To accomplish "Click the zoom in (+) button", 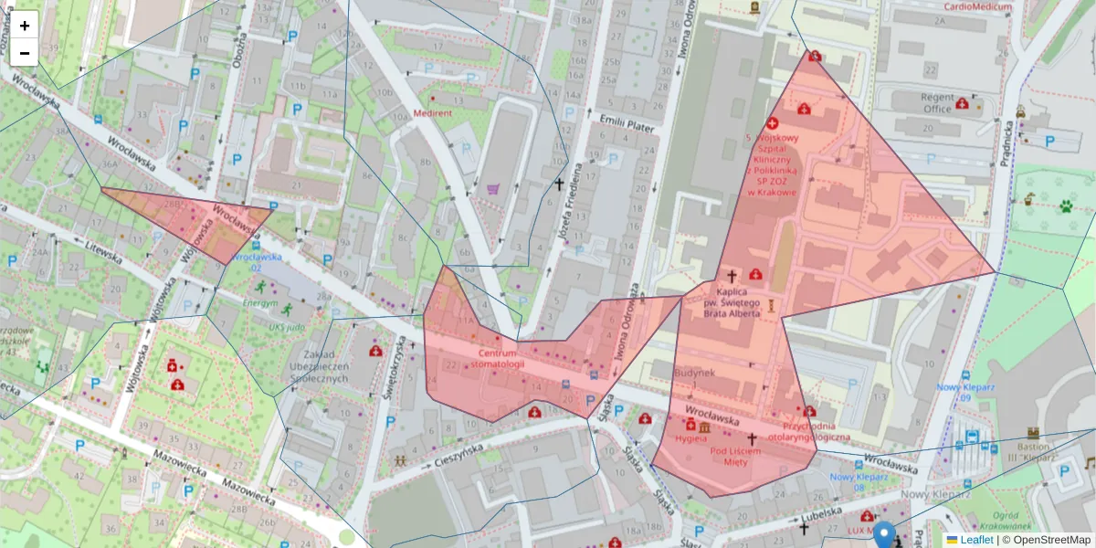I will [x=25, y=25].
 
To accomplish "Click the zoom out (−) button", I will [x=25, y=53].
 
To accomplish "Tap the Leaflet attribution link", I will [x=978, y=540].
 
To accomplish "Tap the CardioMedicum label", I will [x=979, y=6].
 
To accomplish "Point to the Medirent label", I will [x=433, y=113].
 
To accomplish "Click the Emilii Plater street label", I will [x=627, y=125].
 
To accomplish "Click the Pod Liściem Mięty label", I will [x=735, y=456].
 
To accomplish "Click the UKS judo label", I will [x=289, y=326].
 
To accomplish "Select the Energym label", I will [x=260, y=302].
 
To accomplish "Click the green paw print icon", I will [x=1066, y=206].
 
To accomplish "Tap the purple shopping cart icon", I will [x=493, y=189].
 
